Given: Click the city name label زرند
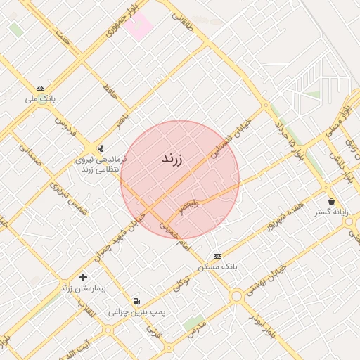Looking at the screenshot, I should pyautogui.click(x=172, y=158).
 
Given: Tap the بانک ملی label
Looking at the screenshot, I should pyautogui.click(x=40, y=98).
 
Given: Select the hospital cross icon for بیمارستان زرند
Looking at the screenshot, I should pyautogui.click(x=84, y=277).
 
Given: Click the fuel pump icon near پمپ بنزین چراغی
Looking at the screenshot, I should pyautogui.click(x=136, y=300).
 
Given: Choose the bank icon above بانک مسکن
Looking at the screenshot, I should pyautogui.click(x=217, y=256).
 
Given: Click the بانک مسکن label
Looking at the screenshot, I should pyautogui.click(x=219, y=267).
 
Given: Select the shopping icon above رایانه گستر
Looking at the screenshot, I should pyautogui.click(x=331, y=201).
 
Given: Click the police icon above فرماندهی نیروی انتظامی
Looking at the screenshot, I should pyautogui.click(x=101, y=148).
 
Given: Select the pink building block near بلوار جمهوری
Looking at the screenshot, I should pyautogui.click(x=139, y=25).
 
